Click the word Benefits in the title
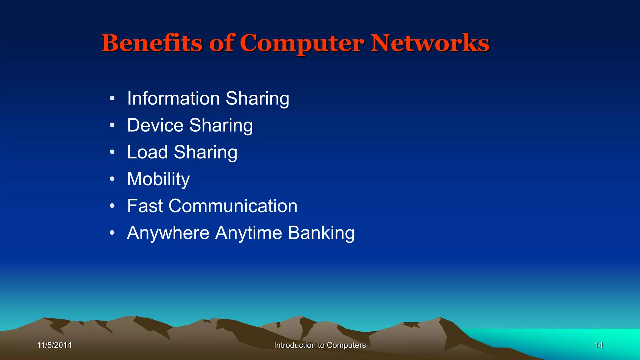coord(152,43)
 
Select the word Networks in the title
coord(430,43)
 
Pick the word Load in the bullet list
coord(147,152)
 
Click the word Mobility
coord(158,179)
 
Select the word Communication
coord(233,206)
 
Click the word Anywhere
coord(168,233)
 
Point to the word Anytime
coord(248,233)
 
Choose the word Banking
coord(321,233)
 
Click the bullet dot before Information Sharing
coord(112,99)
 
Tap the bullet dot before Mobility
coord(112,179)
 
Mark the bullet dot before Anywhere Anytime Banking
coord(112,233)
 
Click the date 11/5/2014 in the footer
coord(54,345)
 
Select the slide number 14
coord(599,345)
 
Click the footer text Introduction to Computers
coord(320,345)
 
